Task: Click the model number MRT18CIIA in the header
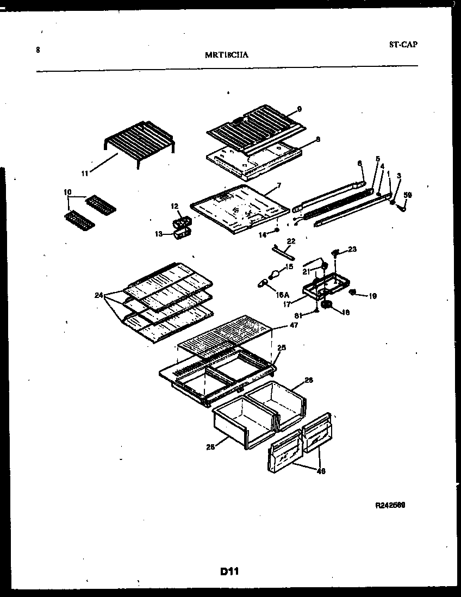pyautogui.click(x=228, y=54)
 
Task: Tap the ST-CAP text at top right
pyautogui.click(x=403, y=45)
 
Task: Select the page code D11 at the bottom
pyautogui.click(x=230, y=571)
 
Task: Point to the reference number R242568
pyautogui.click(x=390, y=505)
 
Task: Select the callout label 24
pyautogui.click(x=98, y=296)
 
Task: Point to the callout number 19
pyautogui.click(x=372, y=296)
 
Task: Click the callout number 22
pyautogui.click(x=291, y=241)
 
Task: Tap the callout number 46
pyautogui.click(x=321, y=471)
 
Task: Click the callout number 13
pyautogui.click(x=159, y=234)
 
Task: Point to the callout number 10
pyautogui.click(x=67, y=192)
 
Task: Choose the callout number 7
pyautogui.click(x=279, y=185)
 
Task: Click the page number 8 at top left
pyautogui.click(x=38, y=50)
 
